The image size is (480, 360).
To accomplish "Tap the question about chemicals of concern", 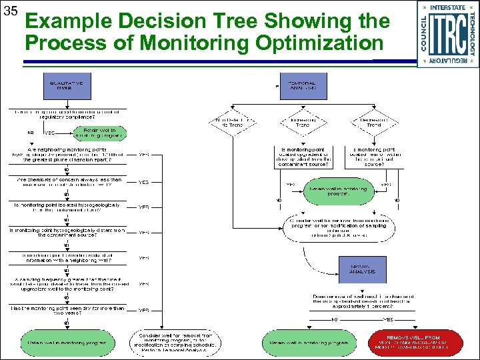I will pos(66,181).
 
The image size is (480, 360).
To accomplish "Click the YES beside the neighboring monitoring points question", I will pos(143,155).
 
